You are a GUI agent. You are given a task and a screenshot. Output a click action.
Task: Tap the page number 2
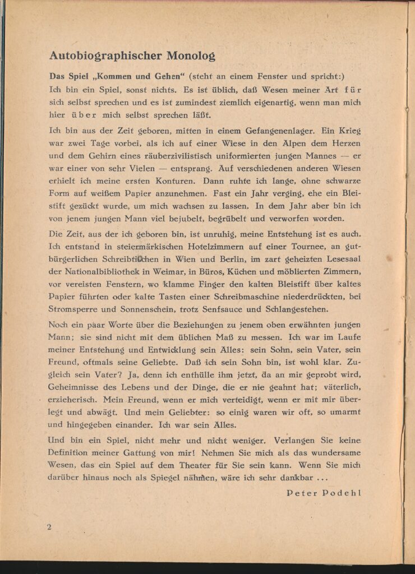50,527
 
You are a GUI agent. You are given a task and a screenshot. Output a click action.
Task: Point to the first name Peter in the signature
303,493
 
